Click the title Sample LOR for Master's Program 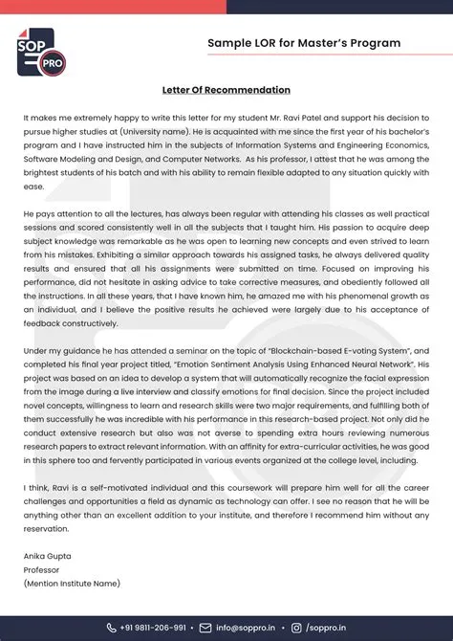pos(304,43)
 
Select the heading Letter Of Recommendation pos(226,90)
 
